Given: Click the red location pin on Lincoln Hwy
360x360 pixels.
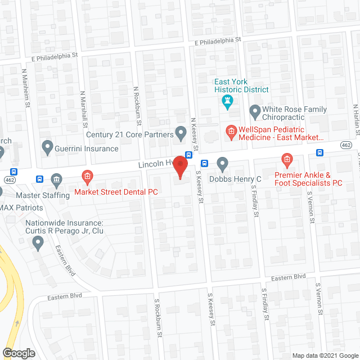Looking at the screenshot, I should pyautogui.click(x=179, y=166).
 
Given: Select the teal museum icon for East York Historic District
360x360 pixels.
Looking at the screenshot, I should pyautogui.click(x=227, y=102).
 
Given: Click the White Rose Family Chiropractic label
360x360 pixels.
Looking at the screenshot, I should pyautogui.click(x=283, y=114).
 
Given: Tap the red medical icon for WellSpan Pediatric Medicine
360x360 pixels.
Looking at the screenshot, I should pyautogui.click(x=231, y=133).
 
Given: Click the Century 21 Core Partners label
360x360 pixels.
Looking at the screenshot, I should pyautogui.click(x=129, y=134).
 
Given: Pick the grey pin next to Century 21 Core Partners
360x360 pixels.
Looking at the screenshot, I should pyautogui.click(x=181, y=134).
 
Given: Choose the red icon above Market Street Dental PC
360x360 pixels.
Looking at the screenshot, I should pyautogui.click(x=87, y=178).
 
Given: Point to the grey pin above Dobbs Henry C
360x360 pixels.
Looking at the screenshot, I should pyautogui.click(x=222, y=164).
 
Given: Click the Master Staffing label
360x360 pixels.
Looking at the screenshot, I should pyautogui.click(x=39, y=195).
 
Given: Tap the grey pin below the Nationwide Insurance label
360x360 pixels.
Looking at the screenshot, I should pyautogui.click(x=38, y=243).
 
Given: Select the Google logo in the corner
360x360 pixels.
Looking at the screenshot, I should pyautogui.click(x=18, y=353).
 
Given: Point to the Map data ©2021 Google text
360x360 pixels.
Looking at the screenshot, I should pyautogui.click(x=324, y=355).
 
